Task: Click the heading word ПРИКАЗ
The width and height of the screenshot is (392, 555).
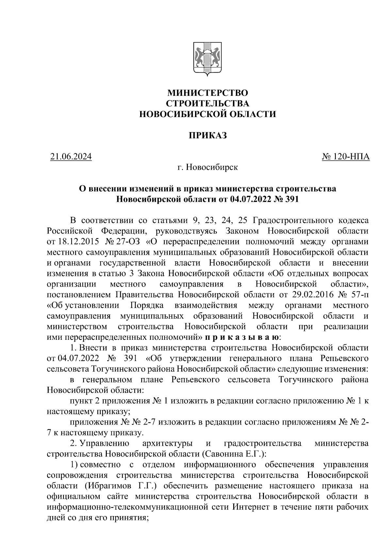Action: click(207, 135)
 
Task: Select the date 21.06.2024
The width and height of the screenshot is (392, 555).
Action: click(71, 157)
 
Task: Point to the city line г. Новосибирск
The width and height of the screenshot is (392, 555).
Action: click(207, 168)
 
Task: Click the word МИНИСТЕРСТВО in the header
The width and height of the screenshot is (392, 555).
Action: click(207, 93)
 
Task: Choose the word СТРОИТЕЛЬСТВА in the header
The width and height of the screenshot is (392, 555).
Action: click(207, 103)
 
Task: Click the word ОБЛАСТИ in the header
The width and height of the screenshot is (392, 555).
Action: click(252, 114)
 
